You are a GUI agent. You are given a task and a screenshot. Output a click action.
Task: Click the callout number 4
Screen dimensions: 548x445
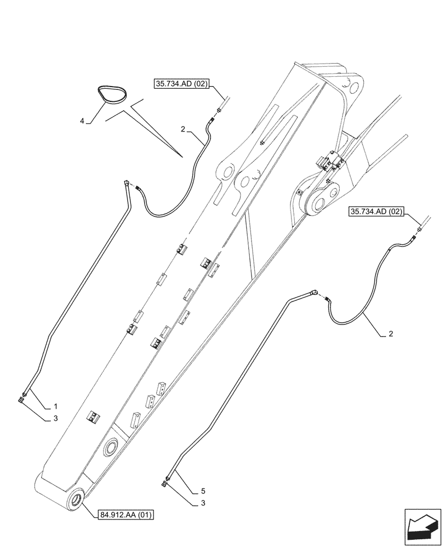(x=82, y=121)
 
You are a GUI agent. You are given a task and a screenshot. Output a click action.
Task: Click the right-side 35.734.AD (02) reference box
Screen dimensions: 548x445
(x=376, y=212)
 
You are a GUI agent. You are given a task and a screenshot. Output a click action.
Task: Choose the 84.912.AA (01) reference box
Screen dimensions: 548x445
(x=127, y=515)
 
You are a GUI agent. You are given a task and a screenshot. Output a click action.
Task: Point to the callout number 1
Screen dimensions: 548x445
(x=55, y=407)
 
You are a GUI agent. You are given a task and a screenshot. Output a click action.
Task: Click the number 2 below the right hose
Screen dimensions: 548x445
(x=390, y=334)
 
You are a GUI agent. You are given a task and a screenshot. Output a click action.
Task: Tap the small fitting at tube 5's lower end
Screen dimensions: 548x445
(x=165, y=483)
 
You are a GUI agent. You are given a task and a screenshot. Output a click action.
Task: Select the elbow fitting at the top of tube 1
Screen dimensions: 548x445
(x=127, y=184)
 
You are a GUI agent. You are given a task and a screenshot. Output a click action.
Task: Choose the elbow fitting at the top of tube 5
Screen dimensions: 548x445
(x=315, y=293)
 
